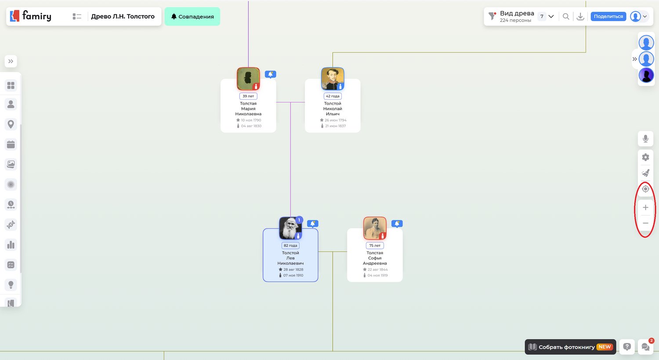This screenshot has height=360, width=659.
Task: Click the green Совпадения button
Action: point(192,16)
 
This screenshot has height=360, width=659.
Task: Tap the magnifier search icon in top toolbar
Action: point(566,16)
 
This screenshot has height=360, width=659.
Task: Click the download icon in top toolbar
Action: point(580,16)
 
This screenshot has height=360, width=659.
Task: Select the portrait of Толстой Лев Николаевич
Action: point(290,228)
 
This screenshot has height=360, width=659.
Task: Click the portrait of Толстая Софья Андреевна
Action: point(374,228)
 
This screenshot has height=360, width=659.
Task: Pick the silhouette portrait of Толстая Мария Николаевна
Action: point(248,79)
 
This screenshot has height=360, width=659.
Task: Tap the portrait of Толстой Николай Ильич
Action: point(333,79)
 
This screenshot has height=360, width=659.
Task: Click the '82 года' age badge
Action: point(290,245)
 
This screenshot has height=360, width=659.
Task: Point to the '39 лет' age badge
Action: point(248,96)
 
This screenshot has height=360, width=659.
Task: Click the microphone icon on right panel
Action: point(645,139)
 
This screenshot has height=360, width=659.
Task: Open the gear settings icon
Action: point(645,157)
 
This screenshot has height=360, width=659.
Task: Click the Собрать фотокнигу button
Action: point(570,347)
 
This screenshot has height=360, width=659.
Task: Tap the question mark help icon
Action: point(627,347)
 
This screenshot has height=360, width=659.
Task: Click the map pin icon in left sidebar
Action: point(11,124)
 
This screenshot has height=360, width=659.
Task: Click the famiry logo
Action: point(31,16)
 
